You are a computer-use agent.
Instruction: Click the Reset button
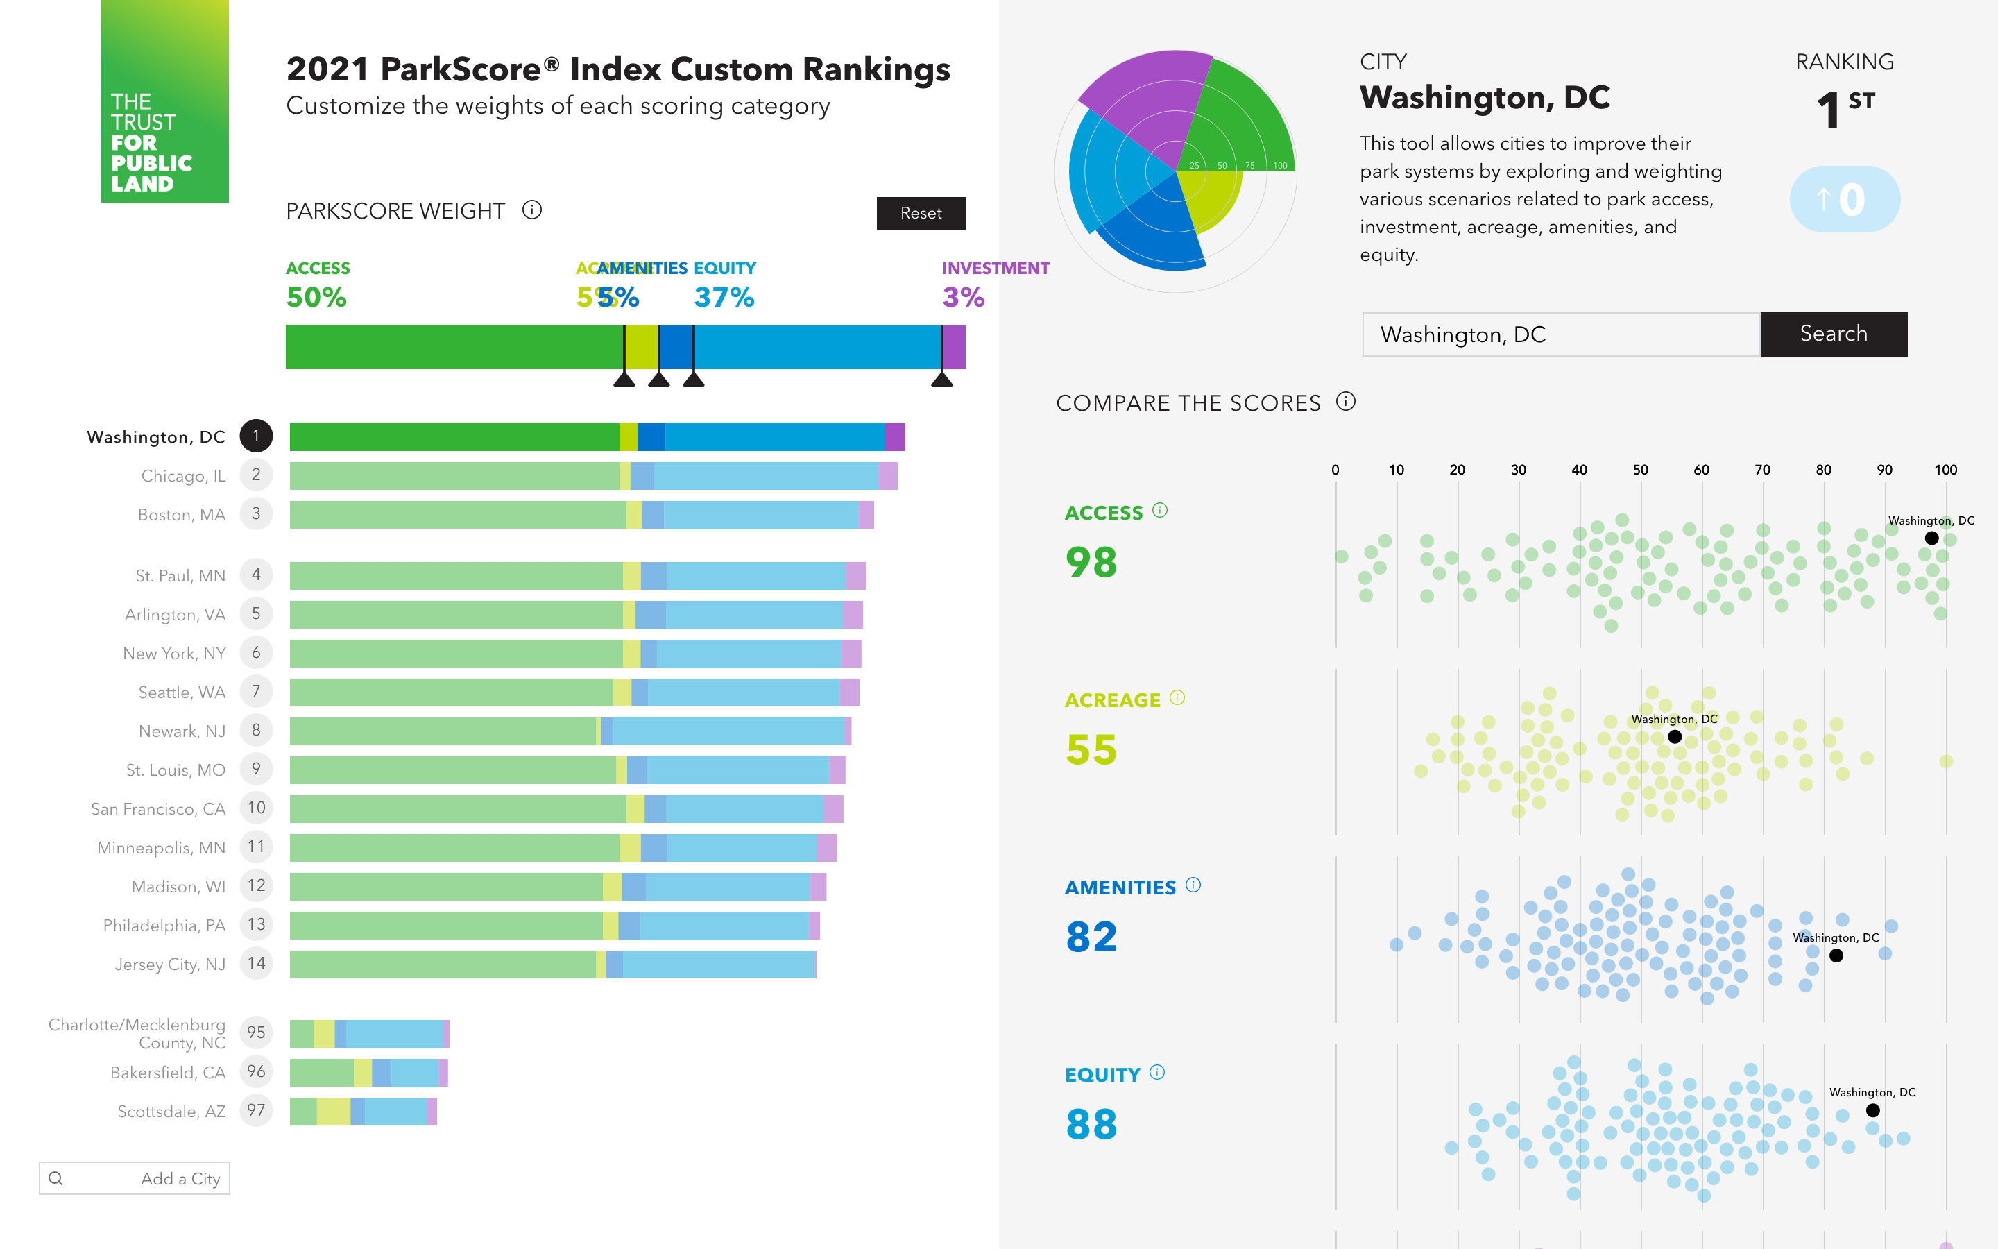tap(921, 213)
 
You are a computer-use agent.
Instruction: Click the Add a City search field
tap(135, 1178)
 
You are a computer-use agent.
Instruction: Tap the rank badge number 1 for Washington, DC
tap(256, 436)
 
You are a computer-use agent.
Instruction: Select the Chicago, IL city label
tap(183, 476)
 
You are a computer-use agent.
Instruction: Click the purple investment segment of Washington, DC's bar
tap(894, 437)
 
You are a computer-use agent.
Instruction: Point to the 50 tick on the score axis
tap(1640, 469)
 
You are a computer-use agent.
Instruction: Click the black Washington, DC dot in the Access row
tap(1932, 538)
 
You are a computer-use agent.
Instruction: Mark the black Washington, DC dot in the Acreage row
tap(1674, 737)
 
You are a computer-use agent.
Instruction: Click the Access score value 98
tap(1091, 563)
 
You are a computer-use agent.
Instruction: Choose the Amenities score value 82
tap(1091, 937)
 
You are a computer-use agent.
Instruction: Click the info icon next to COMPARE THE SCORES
tap(1346, 402)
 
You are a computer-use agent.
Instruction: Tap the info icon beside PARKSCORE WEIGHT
tap(531, 210)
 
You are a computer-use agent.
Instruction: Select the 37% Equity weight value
tap(724, 298)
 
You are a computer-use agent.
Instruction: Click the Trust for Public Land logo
tap(165, 101)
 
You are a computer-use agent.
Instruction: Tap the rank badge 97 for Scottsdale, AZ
tap(256, 1110)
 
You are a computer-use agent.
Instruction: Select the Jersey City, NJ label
tap(170, 964)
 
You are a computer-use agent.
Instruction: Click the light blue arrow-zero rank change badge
tap(1845, 199)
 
